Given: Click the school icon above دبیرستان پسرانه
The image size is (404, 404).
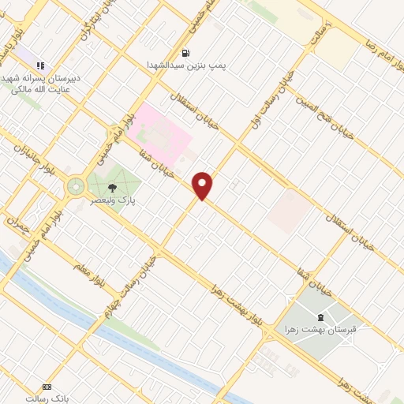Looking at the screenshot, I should pyautogui.click(x=40, y=65).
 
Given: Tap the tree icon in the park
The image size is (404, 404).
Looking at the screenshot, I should pyautogui.click(x=112, y=187).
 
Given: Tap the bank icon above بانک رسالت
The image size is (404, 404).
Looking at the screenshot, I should pyautogui.click(x=47, y=387).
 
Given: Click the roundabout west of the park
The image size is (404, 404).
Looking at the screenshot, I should pyautogui.click(x=76, y=187).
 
